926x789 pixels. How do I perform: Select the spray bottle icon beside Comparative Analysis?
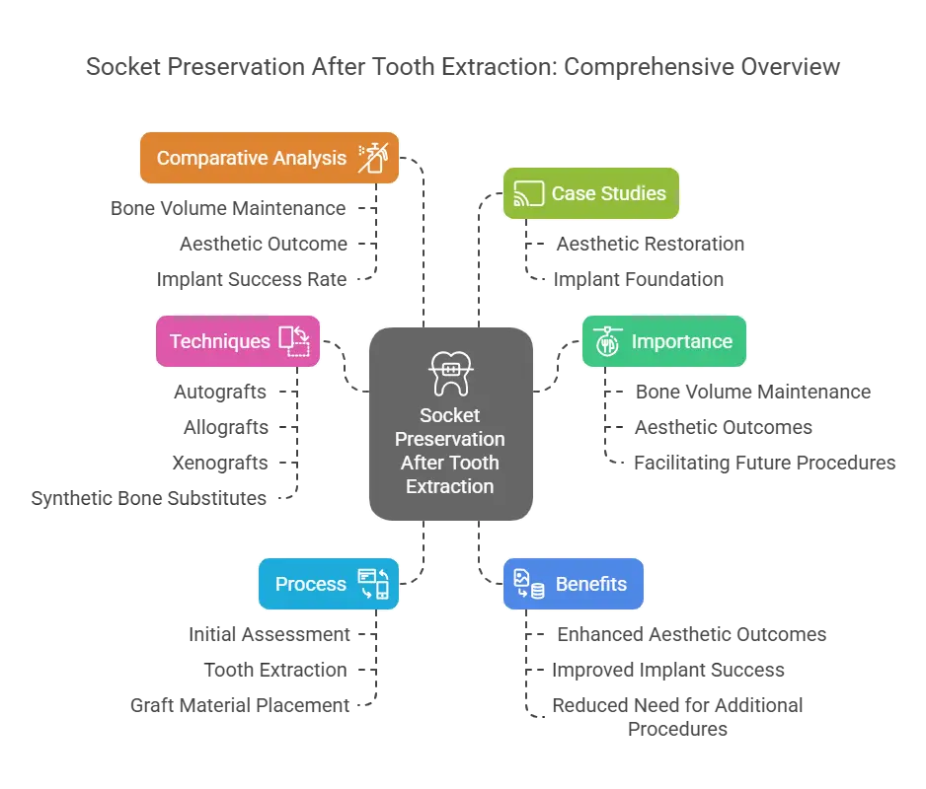point(373,157)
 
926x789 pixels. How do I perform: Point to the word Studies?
point(632,193)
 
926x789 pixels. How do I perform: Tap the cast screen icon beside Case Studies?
point(528,193)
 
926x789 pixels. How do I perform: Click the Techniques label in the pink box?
point(219,341)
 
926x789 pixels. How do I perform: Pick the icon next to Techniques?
point(294,341)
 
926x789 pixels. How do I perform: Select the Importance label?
point(681,341)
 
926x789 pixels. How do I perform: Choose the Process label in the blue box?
point(310,584)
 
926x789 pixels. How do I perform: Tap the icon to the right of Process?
point(373,584)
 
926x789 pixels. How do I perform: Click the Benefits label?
point(590,584)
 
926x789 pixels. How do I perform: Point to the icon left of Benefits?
point(529,584)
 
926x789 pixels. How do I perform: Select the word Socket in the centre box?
point(449,416)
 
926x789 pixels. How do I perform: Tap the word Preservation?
point(449,440)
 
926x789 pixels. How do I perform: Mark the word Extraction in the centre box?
point(449,486)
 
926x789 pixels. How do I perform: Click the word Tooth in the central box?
point(475,463)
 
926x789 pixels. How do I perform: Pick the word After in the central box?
point(423,463)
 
